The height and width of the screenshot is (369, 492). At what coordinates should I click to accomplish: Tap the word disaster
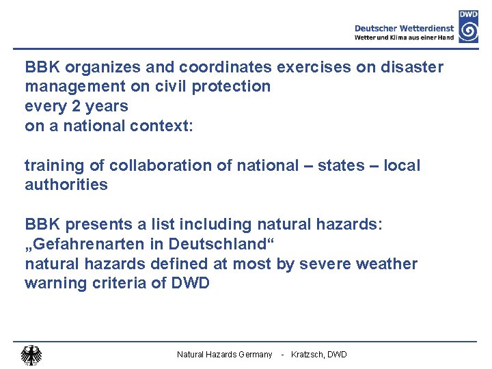click(x=413, y=67)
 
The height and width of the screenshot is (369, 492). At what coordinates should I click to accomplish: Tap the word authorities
click(x=66, y=184)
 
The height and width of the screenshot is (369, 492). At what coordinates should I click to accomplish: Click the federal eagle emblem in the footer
click(x=31, y=355)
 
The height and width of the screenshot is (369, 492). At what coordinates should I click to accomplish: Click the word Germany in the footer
click(x=254, y=355)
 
